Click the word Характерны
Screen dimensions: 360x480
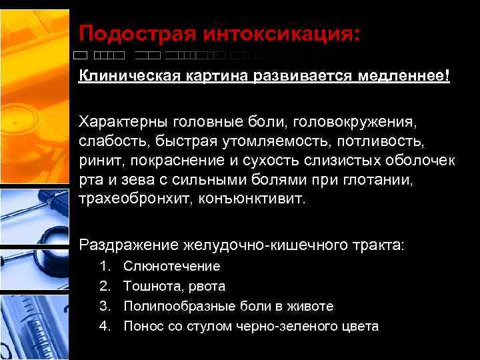tap(123, 123)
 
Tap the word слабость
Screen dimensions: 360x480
tap(114, 141)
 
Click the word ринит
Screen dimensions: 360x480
tap(100, 161)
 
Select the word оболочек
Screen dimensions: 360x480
tap(424, 161)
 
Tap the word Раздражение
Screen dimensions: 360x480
tap(127, 246)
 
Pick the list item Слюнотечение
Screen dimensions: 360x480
tap(172, 267)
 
